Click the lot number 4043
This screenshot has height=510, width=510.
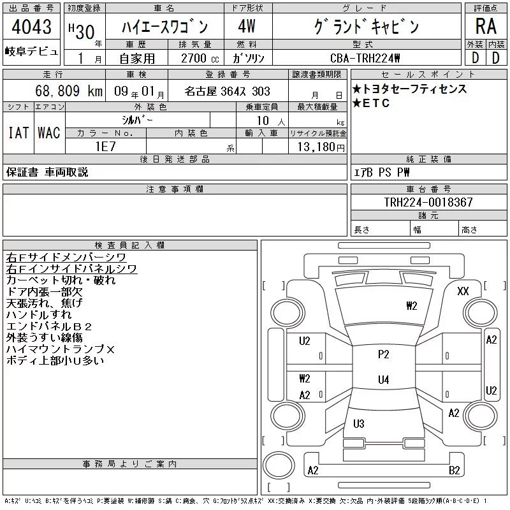click(31, 26)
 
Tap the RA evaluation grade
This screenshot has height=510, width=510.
click(486, 26)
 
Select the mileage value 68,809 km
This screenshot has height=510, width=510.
click(69, 91)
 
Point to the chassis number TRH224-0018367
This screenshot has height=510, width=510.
click(428, 202)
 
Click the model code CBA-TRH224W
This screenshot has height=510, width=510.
click(365, 58)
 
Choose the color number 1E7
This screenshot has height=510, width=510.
click(105, 146)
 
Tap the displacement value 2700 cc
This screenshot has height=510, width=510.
click(200, 58)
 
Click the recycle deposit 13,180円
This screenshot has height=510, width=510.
click(321, 147)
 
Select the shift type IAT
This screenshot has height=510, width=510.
click(18, 133)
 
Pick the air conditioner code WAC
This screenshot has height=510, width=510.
click(49, 133)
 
